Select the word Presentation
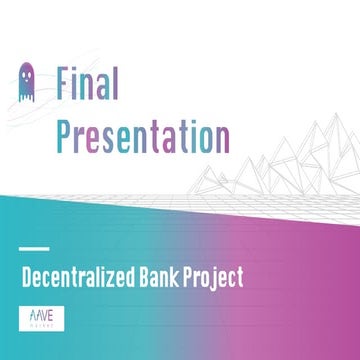143,135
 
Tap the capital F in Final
65,81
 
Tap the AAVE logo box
39,316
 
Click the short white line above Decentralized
34,248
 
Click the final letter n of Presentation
221,136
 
